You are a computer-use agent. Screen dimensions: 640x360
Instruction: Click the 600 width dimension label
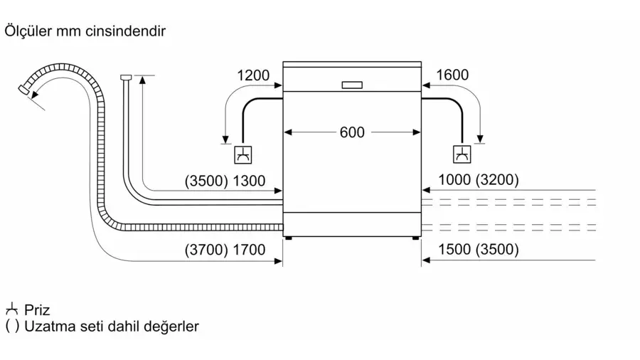pos(352,132)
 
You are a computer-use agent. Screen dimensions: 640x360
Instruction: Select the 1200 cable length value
pos(253,75)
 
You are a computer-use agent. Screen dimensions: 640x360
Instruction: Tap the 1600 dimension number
pos(452,75)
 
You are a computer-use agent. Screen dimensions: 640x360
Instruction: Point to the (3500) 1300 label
pos(225,181)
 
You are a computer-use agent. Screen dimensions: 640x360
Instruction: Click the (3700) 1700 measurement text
pos(225,250)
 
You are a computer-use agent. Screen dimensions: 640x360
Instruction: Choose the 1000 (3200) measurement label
pos(479,179)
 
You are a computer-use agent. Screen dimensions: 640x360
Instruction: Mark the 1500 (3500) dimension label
pos(479,249)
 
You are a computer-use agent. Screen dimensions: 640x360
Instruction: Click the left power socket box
pos(243,154)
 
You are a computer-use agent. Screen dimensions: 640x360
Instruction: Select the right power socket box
pos(462,154)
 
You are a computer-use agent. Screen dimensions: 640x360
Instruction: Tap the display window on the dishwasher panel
pos(352,85)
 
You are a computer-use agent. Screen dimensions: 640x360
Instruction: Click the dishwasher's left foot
pos(288,238)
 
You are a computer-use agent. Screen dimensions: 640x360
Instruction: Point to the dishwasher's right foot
pos(415,238)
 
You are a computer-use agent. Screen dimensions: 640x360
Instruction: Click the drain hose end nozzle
pos(24,90)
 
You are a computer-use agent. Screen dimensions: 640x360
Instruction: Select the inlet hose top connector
pos(126,77)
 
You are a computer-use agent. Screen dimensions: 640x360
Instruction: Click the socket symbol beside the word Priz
pos(12,309)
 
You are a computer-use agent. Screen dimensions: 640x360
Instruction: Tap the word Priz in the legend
pos(37,310)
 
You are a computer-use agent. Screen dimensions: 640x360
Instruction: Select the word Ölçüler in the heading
pos(28,31)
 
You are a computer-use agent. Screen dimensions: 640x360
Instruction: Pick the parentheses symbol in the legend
pos(12,327)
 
